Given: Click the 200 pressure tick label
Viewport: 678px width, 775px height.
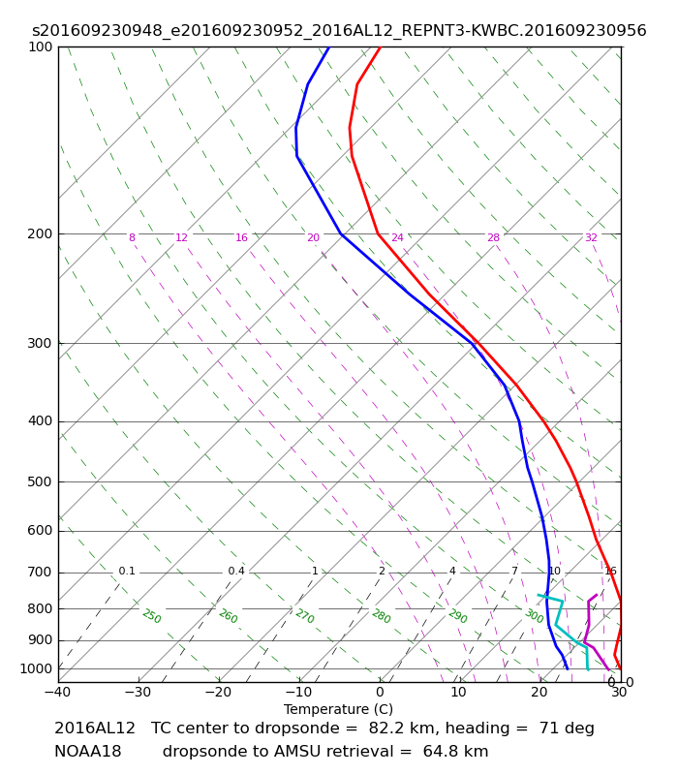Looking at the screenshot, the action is pyautogui.click(x=40, y=233).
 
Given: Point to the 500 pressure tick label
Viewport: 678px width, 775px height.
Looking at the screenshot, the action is pyautogui.click(x=40, y=481).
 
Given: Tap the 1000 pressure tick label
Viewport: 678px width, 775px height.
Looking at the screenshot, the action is pyautogui.click(x=36, y=668).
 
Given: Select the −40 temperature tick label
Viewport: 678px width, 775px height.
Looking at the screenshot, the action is pyautogui.click(x=58, y=692).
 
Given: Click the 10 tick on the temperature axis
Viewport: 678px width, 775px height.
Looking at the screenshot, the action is pyautogui.click(x=458, y=692).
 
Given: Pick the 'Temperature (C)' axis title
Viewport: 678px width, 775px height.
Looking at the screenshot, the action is pyautogui.click(x=338, y=709).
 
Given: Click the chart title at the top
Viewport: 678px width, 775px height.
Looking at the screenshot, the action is pyautogui.click(x=339, y=31).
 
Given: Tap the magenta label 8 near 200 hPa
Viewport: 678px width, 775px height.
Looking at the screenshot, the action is pyautogui.click(x=132, y=237).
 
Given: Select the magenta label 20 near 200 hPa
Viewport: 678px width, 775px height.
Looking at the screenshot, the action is pyautogui.click(x=313, y=237).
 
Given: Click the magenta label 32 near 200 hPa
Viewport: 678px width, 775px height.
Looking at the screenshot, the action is pyautogui.click(x=591, y=237).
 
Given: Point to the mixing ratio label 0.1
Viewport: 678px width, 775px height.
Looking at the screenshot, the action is pyautogui.click(x=127, y=571).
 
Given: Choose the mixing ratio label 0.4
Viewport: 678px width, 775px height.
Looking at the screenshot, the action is pyautogui.click(x=236, y=571).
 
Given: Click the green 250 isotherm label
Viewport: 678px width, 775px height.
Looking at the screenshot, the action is pyautogui.click(x=152, y=616).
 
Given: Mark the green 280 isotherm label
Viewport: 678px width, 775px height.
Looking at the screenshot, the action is pyautogui.click(x=382, y=616).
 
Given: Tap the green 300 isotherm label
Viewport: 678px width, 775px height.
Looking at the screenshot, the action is pyautogui.click(x=535, y=616).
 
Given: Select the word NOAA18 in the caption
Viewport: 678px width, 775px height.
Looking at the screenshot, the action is pyautogui.click(x=88, y=752).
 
